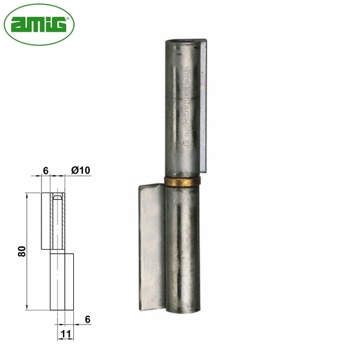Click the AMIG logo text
click(x=38, y=25)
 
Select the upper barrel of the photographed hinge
click(x=182, y=108)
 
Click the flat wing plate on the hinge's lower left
click(x=151, y=246)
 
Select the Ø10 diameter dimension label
click(x=80, y=170)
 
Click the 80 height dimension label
click(x=22, y=252)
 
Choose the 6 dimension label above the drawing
click(x=46, y=170)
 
